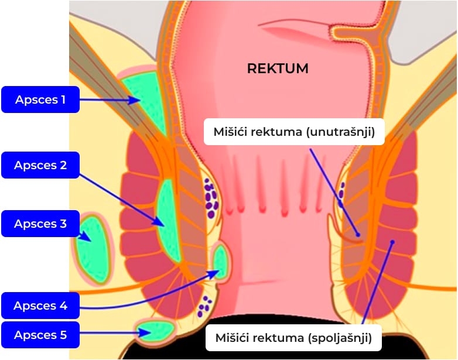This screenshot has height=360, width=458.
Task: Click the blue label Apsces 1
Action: (40, 100)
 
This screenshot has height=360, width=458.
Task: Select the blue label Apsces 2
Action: (40, 165)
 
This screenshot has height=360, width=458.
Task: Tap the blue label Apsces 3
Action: (40, 224)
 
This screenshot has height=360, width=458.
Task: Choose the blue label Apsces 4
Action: (40, 306)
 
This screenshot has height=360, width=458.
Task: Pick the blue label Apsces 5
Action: (40, 335)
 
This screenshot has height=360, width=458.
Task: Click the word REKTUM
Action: (278, 68)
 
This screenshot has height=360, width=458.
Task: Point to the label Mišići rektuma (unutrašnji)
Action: (294, 132)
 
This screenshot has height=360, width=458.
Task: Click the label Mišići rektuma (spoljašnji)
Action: (293, 338)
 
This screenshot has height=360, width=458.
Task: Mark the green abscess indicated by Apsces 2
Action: (168, 221)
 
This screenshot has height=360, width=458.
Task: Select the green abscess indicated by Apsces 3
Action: (93, 248)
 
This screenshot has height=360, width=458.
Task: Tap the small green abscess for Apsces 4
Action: (220, 262)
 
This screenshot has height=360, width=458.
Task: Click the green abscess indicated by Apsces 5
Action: (156, 331)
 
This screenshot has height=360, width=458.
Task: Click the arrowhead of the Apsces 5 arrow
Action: (145, 332)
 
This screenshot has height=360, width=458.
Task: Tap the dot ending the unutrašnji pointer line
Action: (358, 235)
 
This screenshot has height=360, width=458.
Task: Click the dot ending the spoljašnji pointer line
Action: (392, 242)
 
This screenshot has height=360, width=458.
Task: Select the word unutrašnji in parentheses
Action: (341, 132)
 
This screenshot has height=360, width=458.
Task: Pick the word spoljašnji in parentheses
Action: (340, 338)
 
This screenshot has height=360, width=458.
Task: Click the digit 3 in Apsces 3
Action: (63, 224)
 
